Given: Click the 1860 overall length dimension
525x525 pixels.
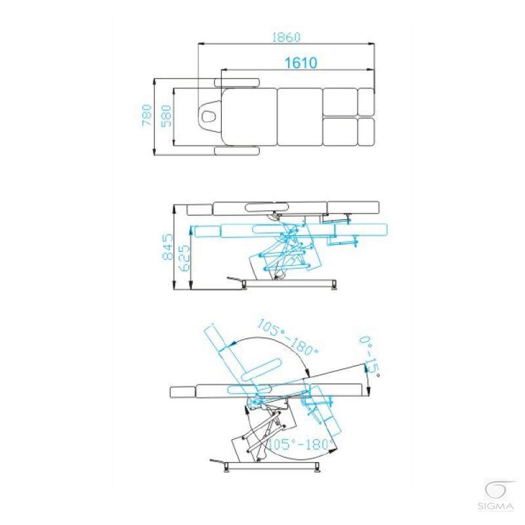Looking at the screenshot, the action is (286, 37).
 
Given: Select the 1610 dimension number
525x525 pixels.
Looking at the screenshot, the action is (301, 62).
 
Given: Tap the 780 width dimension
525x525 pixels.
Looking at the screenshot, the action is (147, 115).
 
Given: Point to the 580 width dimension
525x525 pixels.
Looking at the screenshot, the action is (167, 116).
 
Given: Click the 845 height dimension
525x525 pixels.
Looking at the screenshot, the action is (168, 247).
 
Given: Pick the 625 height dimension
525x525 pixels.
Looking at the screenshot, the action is (184, 258).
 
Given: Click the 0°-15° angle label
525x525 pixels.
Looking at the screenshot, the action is (370, 356).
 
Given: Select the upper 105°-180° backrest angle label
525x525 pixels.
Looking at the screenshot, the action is (287, 337).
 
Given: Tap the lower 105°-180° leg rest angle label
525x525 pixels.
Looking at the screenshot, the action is (302, 444).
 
